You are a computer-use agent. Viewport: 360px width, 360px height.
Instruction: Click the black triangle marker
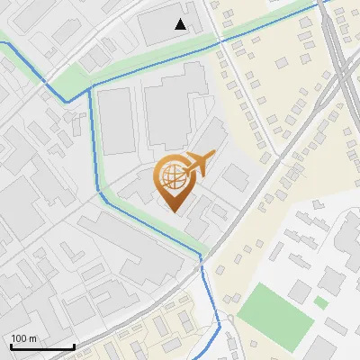pyautogui.click(x=181, y=24)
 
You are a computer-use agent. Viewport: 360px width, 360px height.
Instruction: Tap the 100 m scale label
pyautogui.click(x=23, y=338)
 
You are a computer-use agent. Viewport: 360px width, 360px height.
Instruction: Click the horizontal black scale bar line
pyautogui.click(x=42, y=346)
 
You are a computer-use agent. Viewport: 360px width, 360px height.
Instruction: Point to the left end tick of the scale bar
pyautogui.click(x=11, y=345)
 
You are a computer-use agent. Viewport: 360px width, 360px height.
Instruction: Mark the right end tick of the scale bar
pyautogui.click(x=74, y=345)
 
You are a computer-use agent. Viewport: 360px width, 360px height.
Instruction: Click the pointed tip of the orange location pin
pyautogui.click(x=174, y=211)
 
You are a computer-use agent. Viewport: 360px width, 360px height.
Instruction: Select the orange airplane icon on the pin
pyautogui.click(x=198, y=164)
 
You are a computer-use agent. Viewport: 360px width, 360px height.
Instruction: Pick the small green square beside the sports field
pyautogui.click(x=320, y=302)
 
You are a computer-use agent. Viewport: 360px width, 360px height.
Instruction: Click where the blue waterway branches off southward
pyautogui.click(x=91, y=87)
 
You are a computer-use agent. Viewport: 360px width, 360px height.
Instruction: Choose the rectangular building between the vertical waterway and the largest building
pyautogui.click(x=115, y=121)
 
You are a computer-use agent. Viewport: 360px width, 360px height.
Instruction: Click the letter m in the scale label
pyautogui.click(x=31, y=338)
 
